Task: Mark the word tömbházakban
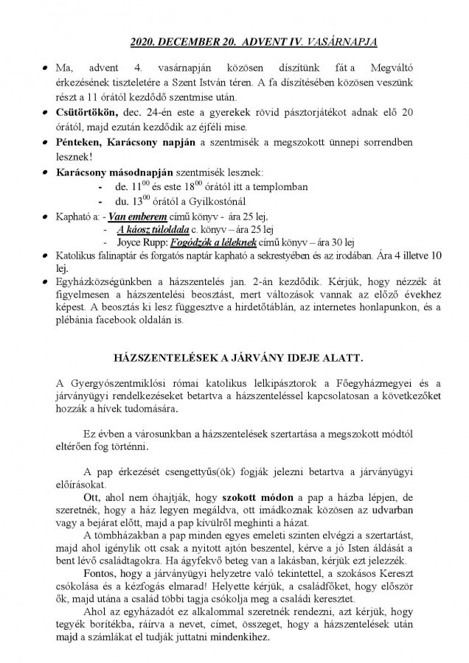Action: coord(133,536)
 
